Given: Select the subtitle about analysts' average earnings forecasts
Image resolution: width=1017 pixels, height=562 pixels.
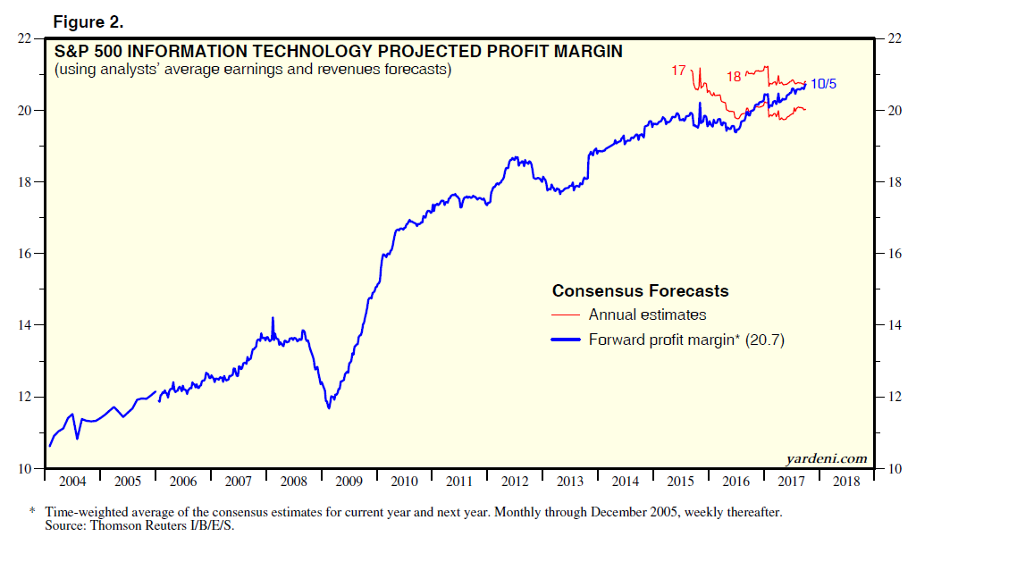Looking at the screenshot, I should pos(253,69).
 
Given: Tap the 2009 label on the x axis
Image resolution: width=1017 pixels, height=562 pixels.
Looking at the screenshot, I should pos(349,482).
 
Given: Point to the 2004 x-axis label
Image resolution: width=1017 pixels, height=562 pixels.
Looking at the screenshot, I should pos(72,482).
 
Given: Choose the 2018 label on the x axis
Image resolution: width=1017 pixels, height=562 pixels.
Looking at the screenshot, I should pos(846,482).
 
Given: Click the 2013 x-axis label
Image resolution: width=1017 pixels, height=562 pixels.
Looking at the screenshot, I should pos(570,482).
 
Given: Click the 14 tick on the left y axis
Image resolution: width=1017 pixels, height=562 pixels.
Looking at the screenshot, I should pos(26,325).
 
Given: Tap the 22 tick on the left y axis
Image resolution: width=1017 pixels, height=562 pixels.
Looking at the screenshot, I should pos(26,39).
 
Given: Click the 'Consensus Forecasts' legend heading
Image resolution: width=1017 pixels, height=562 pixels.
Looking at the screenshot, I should pos(640,291).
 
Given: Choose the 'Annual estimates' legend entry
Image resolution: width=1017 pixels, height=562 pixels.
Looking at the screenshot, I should pos(647,315).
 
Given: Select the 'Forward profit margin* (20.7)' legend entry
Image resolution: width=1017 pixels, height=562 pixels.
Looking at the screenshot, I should pos(685,340).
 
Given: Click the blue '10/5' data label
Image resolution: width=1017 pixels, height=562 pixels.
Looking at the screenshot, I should pos(823,84).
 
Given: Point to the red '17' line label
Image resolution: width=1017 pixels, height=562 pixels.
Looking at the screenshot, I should pos(678,69).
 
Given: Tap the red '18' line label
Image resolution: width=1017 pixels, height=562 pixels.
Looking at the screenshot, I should pos(733,77).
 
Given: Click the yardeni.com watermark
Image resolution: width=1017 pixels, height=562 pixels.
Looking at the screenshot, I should pos(826,458).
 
